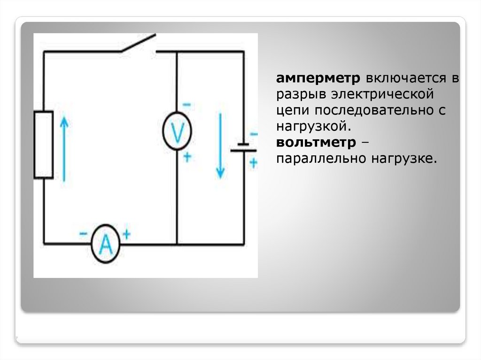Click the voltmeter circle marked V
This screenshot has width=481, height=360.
[x=177, y=131]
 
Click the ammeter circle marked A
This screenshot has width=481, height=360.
[x=105, y=244]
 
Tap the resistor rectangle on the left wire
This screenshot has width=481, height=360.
[x=43, y=145]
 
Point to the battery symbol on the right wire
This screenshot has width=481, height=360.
[x=243, y=147]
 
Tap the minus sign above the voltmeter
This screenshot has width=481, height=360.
[x=186, y=104]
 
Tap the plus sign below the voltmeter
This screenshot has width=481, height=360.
[x=187, y=157]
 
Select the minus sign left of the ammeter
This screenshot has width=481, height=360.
[x=83, y=233]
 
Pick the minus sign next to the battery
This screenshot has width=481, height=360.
[x=254, y=134]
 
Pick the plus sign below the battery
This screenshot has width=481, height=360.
[x=254, y=162]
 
